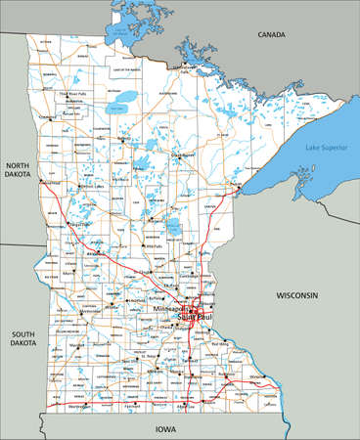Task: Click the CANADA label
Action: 271,34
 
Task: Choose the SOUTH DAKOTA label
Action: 22,339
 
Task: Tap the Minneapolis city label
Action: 168,309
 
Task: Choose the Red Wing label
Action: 221,344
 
